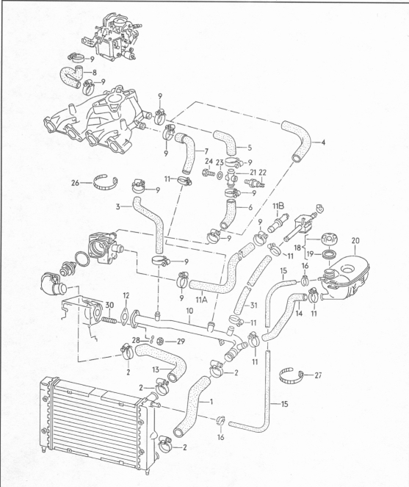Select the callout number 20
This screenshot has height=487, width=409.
[355, 241]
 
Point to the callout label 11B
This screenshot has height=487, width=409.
[278, 206]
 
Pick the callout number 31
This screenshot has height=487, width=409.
[254, 306]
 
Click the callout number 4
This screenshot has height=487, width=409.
[323, 143]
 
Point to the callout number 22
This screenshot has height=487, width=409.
[262, 173]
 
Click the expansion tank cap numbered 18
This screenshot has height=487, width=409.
[329, 239]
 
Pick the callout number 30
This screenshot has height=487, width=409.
[109, 306]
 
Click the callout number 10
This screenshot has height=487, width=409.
[189, 311]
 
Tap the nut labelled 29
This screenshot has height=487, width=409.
[161, 341]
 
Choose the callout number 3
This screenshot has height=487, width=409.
[117, 206]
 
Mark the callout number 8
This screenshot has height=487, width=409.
[95, 73]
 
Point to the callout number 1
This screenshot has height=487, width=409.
[211, 402]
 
